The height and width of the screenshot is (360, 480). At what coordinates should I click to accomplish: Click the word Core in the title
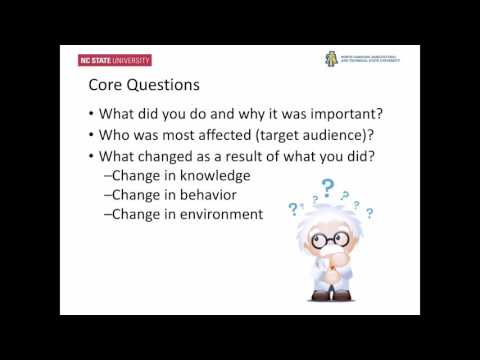tap(105, 87)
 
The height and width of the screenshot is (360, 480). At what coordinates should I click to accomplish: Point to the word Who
tap(116, 133)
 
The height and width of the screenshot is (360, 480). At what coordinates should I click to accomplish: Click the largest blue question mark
tap(326, 187)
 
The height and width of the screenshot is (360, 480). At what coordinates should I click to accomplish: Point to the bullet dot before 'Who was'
tap(91, 134)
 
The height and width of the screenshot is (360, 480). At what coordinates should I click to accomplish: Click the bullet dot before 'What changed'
tap(91, 156)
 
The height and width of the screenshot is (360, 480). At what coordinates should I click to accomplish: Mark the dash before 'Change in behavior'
tap(107, 195)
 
